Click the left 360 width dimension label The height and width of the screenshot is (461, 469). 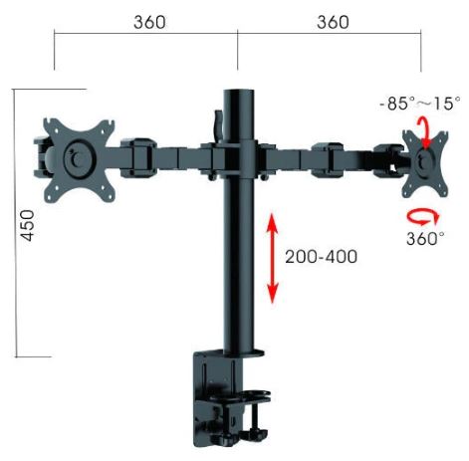point(149,23)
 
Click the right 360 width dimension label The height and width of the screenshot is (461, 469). point(333,23)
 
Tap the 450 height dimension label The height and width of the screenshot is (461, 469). point(27,225)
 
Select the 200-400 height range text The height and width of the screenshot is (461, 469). point(322,257)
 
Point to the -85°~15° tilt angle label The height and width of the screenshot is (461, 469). point(420,104)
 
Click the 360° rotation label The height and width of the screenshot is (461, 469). point(425,238)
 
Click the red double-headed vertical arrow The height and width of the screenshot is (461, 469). point(273,258)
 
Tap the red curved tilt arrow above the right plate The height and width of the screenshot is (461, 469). point(424,132)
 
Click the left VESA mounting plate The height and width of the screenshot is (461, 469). point(79,160)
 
